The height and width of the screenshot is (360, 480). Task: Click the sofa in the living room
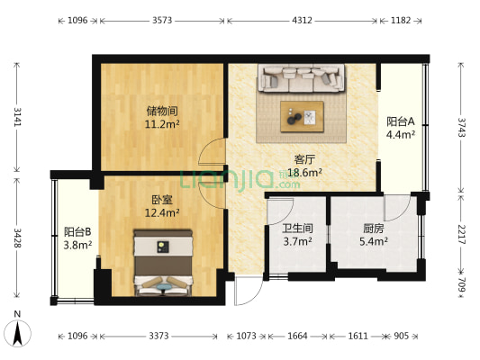302,79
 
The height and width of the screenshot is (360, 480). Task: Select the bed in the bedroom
163,262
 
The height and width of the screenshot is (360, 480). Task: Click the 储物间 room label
163,111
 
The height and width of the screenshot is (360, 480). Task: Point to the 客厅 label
304,158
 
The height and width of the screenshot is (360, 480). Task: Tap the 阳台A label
401,121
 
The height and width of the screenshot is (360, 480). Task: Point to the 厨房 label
374,229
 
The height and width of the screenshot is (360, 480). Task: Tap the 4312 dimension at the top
303,19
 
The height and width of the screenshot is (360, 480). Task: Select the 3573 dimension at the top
163,19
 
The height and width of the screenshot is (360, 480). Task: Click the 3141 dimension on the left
15,117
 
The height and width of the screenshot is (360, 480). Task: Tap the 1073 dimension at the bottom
242,336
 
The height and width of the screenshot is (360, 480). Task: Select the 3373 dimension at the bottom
158,336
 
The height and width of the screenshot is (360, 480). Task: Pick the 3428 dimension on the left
15,238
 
